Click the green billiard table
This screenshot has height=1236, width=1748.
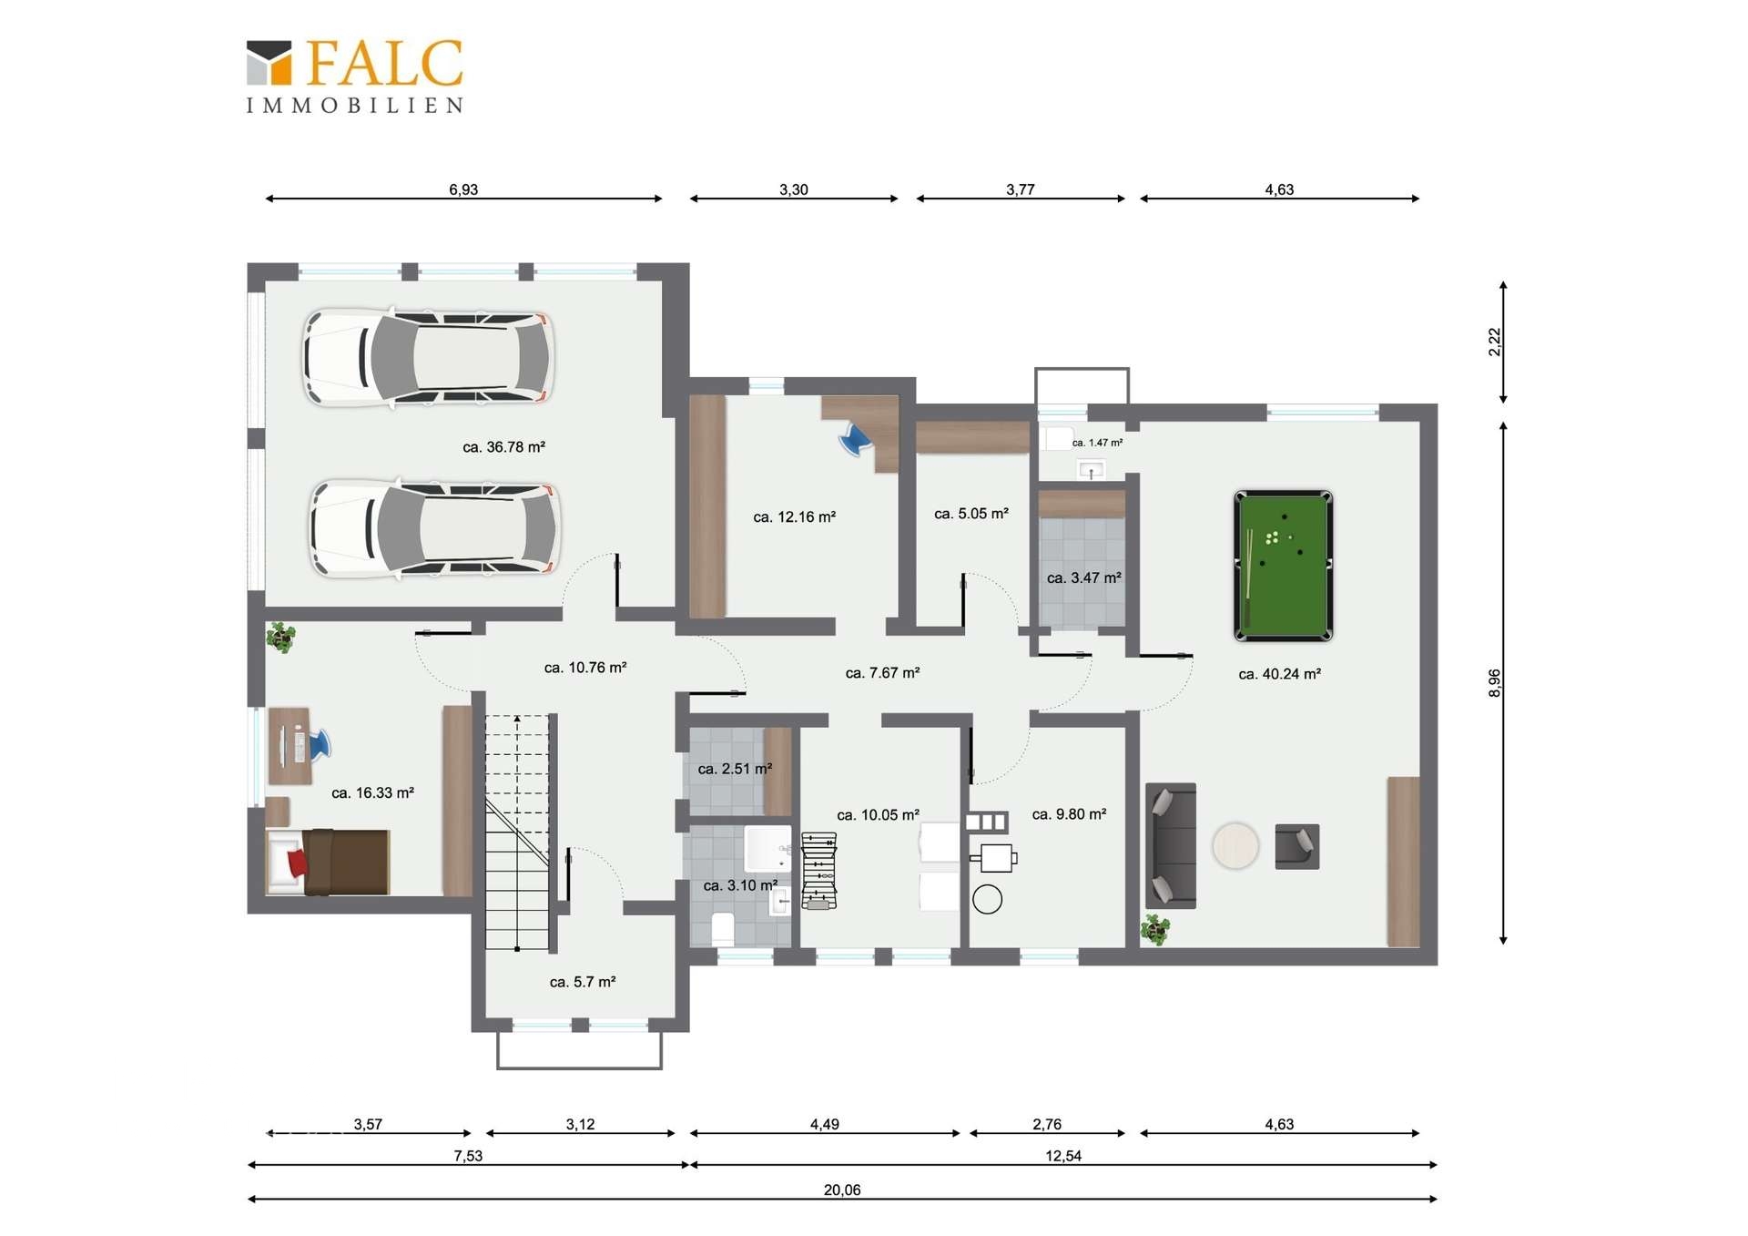(x=1283, y=566)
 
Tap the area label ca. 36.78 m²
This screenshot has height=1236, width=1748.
(x=503, y=447)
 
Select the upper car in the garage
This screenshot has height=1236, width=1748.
(x=428, y=357)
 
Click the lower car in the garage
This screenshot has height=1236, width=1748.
(x=434, y=529)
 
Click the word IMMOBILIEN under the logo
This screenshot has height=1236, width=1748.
(x=355, y=106)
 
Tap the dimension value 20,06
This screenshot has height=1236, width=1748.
(x=842, y=1190)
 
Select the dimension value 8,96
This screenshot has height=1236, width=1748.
(x=1494, y=683)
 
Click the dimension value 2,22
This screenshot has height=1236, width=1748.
(x=1494, y=342)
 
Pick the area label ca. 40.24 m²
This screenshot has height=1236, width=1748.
(x=1279, y=674)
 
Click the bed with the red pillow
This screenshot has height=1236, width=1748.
(x=328, y=861)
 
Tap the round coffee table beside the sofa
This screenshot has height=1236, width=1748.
(x=1235, y=845)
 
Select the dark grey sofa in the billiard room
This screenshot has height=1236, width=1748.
(x=1171, y=845)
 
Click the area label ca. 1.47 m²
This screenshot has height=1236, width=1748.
(x=1097, y=443)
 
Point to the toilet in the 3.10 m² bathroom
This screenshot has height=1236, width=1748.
(x=723, y=928)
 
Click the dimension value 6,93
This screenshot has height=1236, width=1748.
(x=463, y=189)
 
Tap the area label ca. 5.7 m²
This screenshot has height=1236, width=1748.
(x=583, y=982)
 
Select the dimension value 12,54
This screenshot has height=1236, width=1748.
(x=1063, y=1156)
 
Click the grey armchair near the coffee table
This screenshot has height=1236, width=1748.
(x=1297, y=846)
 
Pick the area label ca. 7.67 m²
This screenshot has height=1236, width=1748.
(x=882, y=673)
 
